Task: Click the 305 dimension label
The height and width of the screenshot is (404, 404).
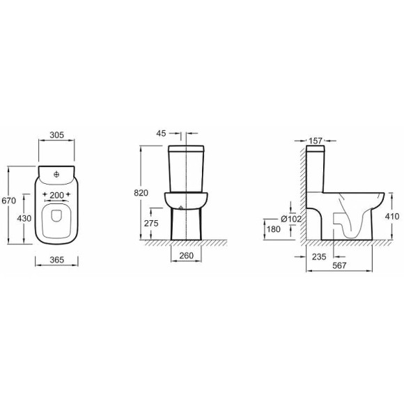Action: coord(56,134)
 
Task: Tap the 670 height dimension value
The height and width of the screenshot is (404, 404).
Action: coord(9,200)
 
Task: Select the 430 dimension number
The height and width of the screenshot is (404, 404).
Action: coord(24,218)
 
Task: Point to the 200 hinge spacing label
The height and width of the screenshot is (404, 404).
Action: coord(56,195)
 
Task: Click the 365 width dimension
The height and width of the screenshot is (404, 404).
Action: coord(56,260)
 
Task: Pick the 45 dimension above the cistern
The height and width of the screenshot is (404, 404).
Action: coord(162,133)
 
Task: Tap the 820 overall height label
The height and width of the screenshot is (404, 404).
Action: coord(141,193)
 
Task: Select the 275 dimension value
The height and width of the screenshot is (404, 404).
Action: coord(151,223)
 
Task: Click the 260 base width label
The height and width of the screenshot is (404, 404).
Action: coord(186,256)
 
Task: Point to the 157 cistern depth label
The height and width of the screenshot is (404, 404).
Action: coord(316,141)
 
